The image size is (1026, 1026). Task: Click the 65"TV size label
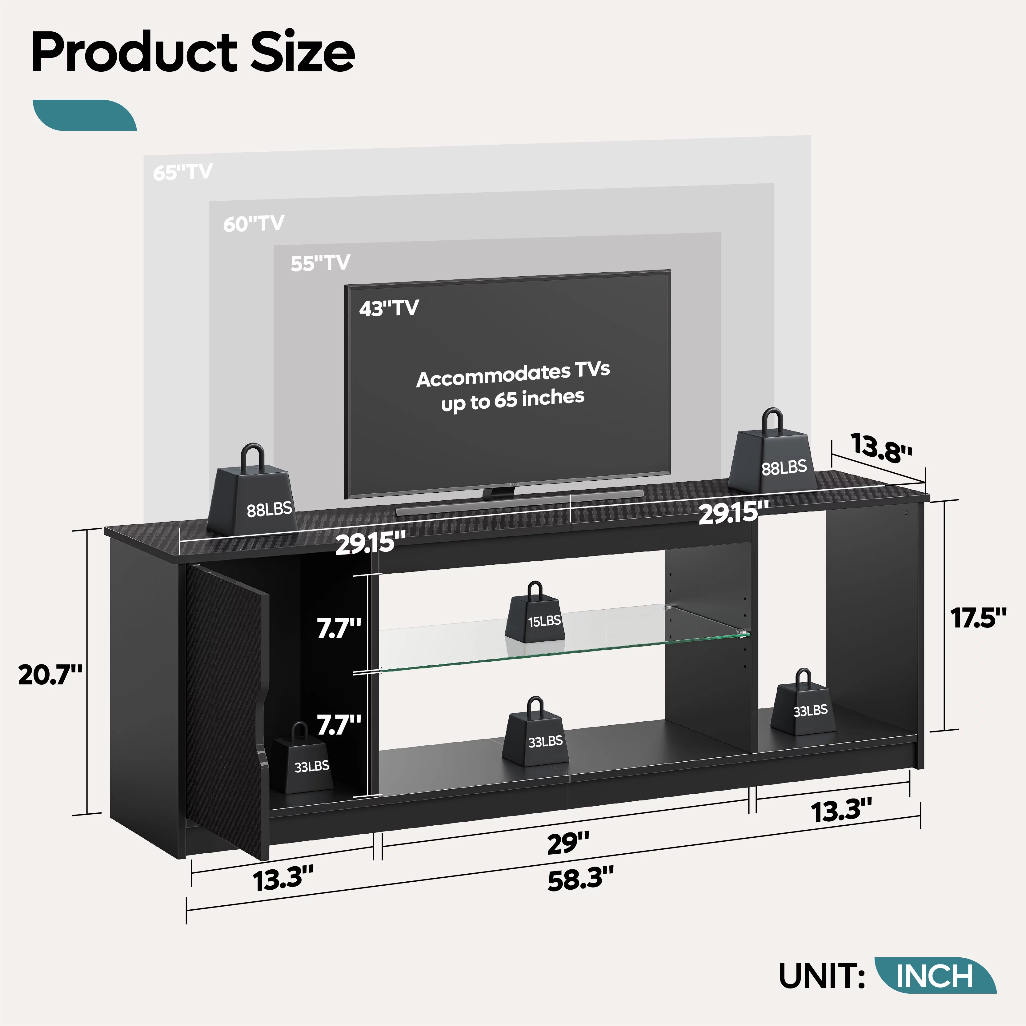183,172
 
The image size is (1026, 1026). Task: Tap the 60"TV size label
253,224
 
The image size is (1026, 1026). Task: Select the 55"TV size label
320,263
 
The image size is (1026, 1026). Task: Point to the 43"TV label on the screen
389,308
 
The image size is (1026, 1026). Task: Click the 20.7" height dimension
50,675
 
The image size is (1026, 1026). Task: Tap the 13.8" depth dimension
882,447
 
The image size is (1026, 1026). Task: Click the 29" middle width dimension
568,843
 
